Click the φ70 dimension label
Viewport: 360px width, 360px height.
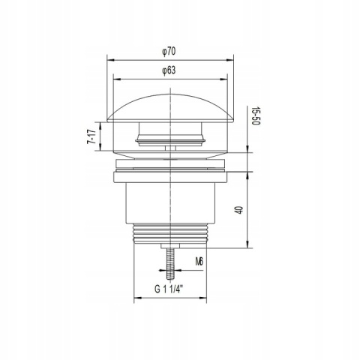coord(169,52)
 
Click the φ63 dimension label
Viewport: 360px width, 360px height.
coord(169,70)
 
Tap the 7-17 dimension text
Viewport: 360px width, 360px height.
coord(91,136)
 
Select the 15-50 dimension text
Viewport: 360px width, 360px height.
coord(256,116)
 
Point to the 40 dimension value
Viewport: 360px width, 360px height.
coord(239,209)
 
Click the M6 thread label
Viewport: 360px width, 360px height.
coord(199,262)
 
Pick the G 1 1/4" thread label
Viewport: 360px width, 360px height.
coord(169,289)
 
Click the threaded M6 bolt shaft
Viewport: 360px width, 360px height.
coord(170,264)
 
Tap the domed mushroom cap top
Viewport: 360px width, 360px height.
coord(170,108)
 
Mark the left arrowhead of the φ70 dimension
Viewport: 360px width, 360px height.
coord(110,60)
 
